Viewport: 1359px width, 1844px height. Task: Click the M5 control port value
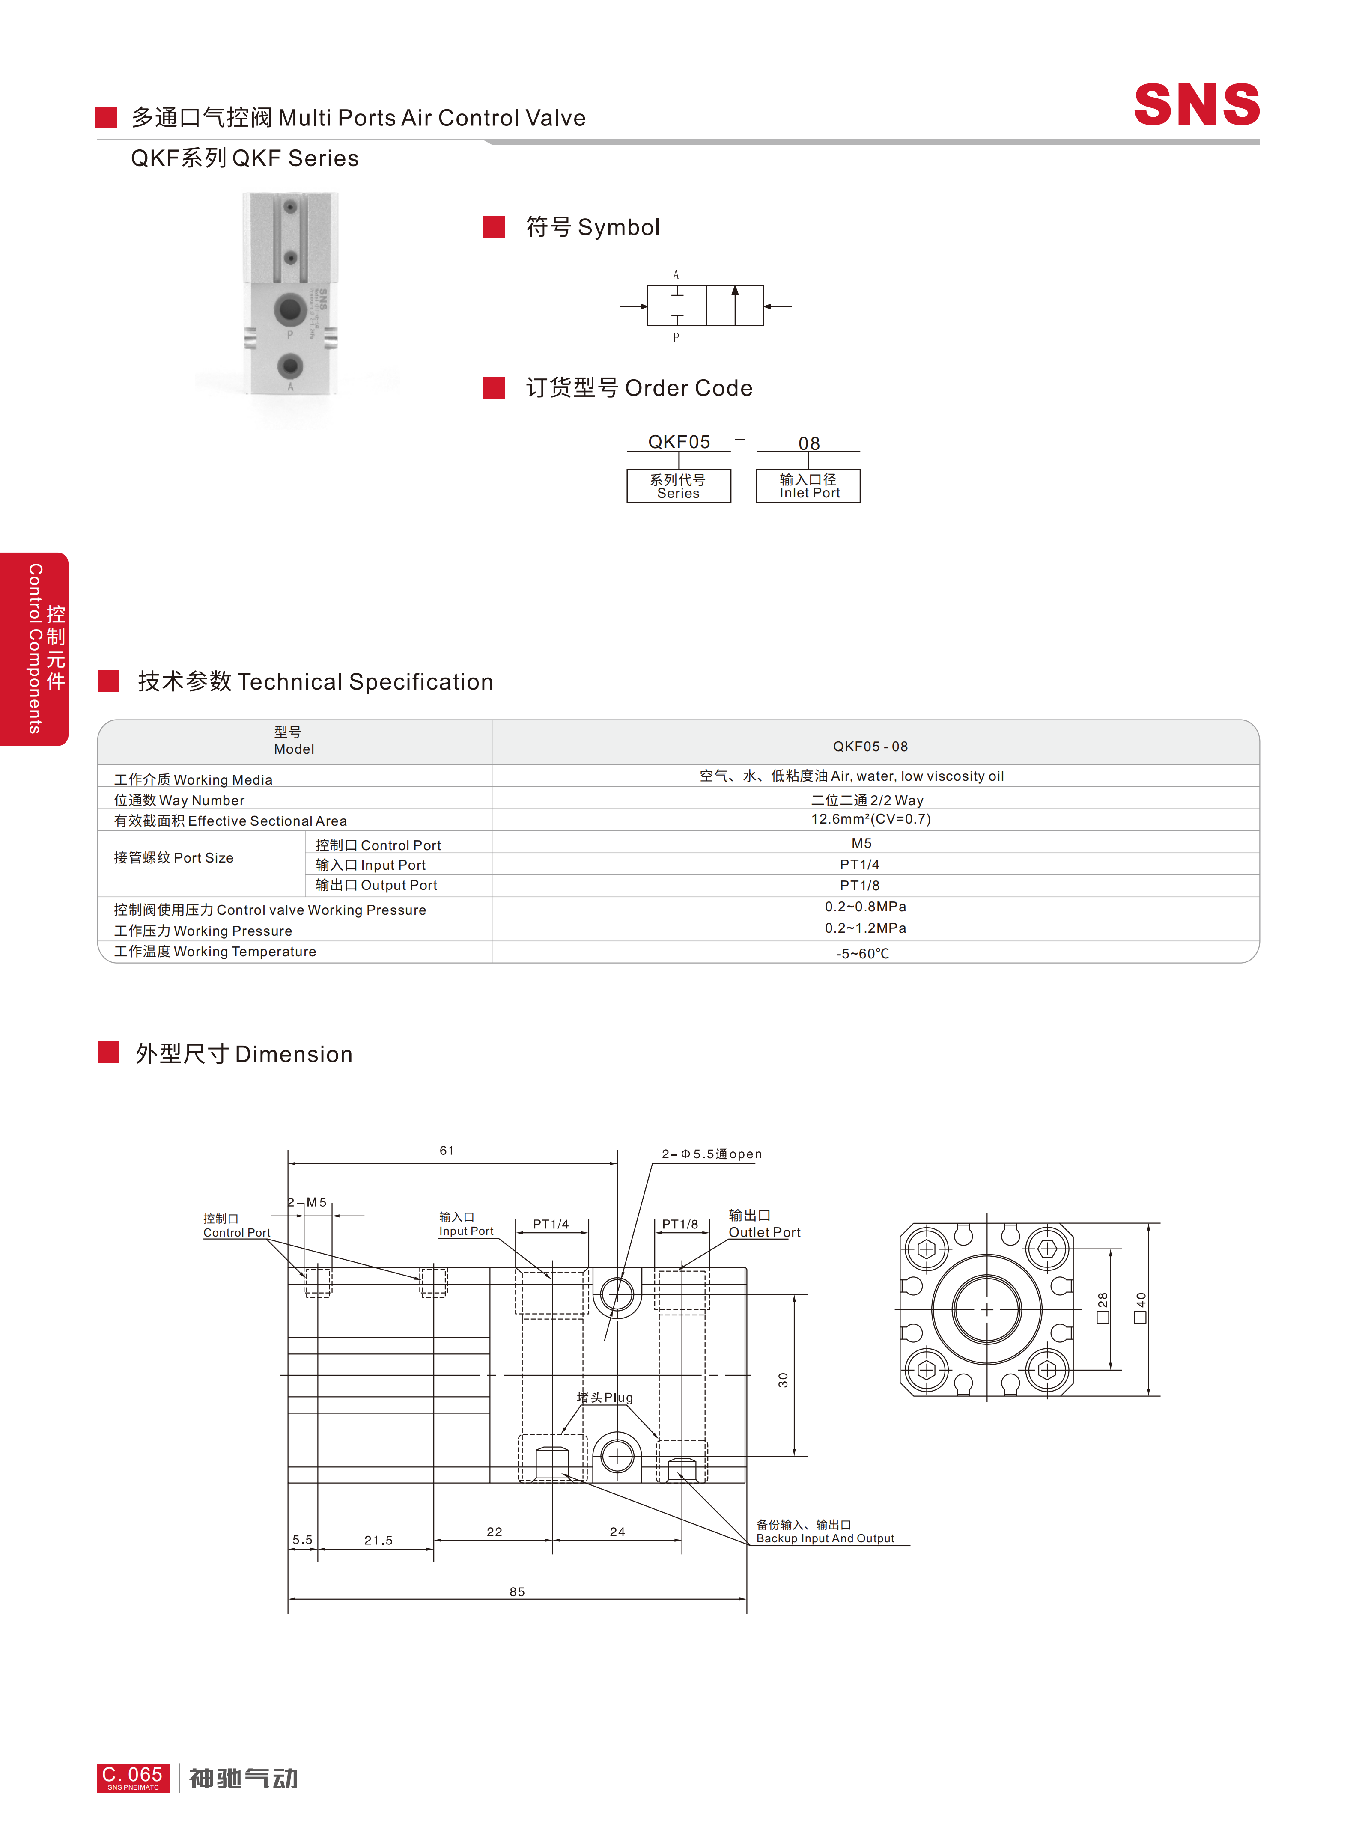point(861,843)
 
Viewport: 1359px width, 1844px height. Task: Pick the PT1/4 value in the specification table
point(860,864)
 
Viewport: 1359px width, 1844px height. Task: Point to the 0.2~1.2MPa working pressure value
point(865,928)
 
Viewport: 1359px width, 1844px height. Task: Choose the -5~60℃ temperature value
point(862,953)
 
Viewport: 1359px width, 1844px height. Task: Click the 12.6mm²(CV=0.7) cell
point(870,819)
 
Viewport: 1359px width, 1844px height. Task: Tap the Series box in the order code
point(679,486)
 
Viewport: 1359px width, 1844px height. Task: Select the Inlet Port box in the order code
point(809,486)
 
